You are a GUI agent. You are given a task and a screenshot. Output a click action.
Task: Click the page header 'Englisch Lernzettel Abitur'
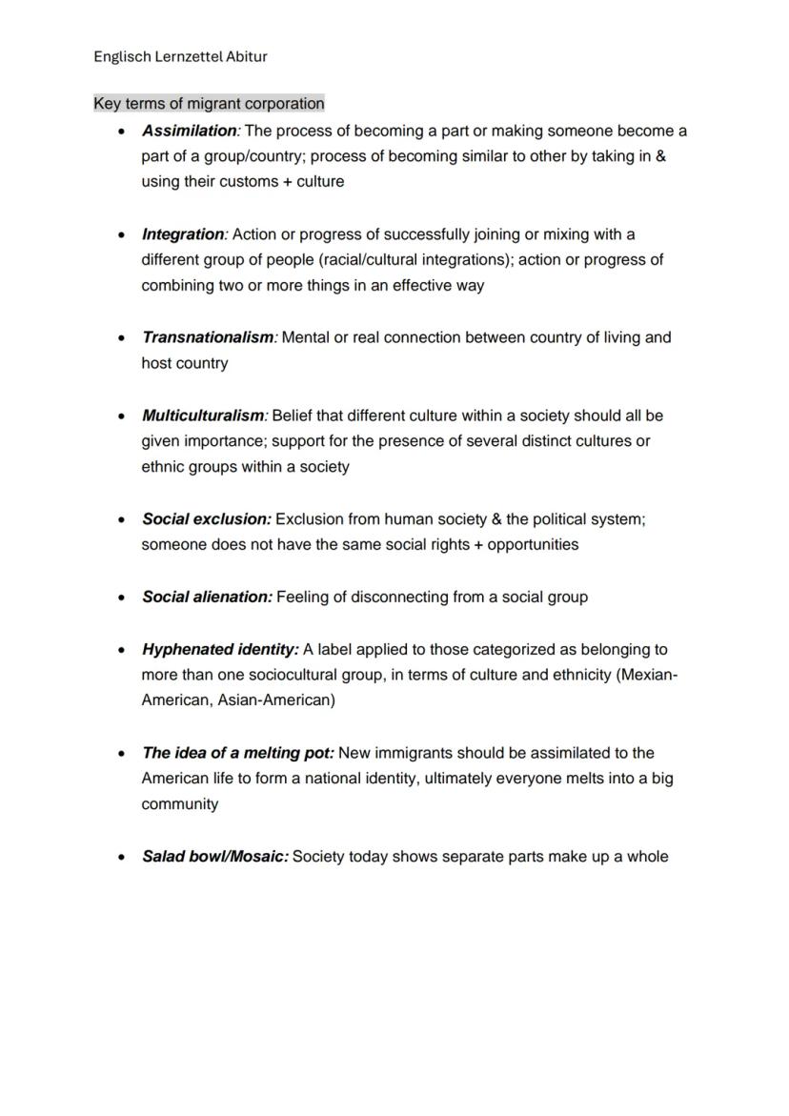[x=180, y=56]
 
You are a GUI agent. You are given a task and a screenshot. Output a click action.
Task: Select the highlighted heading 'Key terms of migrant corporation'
[x=209, y=103]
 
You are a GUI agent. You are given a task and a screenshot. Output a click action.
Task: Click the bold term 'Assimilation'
[x=190, y=131]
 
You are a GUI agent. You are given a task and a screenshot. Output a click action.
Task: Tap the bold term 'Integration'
[x=184, y=233]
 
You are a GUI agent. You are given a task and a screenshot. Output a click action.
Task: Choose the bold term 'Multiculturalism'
[x=204, y=416]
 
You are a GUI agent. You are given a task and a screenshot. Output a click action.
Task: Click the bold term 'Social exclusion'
[x=206, y=519]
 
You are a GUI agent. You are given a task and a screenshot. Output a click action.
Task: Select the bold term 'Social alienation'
[x=207, y=598]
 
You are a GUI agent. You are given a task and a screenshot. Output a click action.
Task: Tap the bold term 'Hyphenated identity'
[x=219, y=649]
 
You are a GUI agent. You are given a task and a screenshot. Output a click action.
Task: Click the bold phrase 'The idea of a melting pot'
[x=237, y=753]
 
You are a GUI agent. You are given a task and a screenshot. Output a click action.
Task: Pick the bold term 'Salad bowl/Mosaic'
[x=214, y=857]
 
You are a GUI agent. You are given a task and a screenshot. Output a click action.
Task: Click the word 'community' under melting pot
[x=180, y=804]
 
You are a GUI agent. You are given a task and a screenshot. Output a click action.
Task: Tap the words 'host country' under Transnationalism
[x=185, y=363]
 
